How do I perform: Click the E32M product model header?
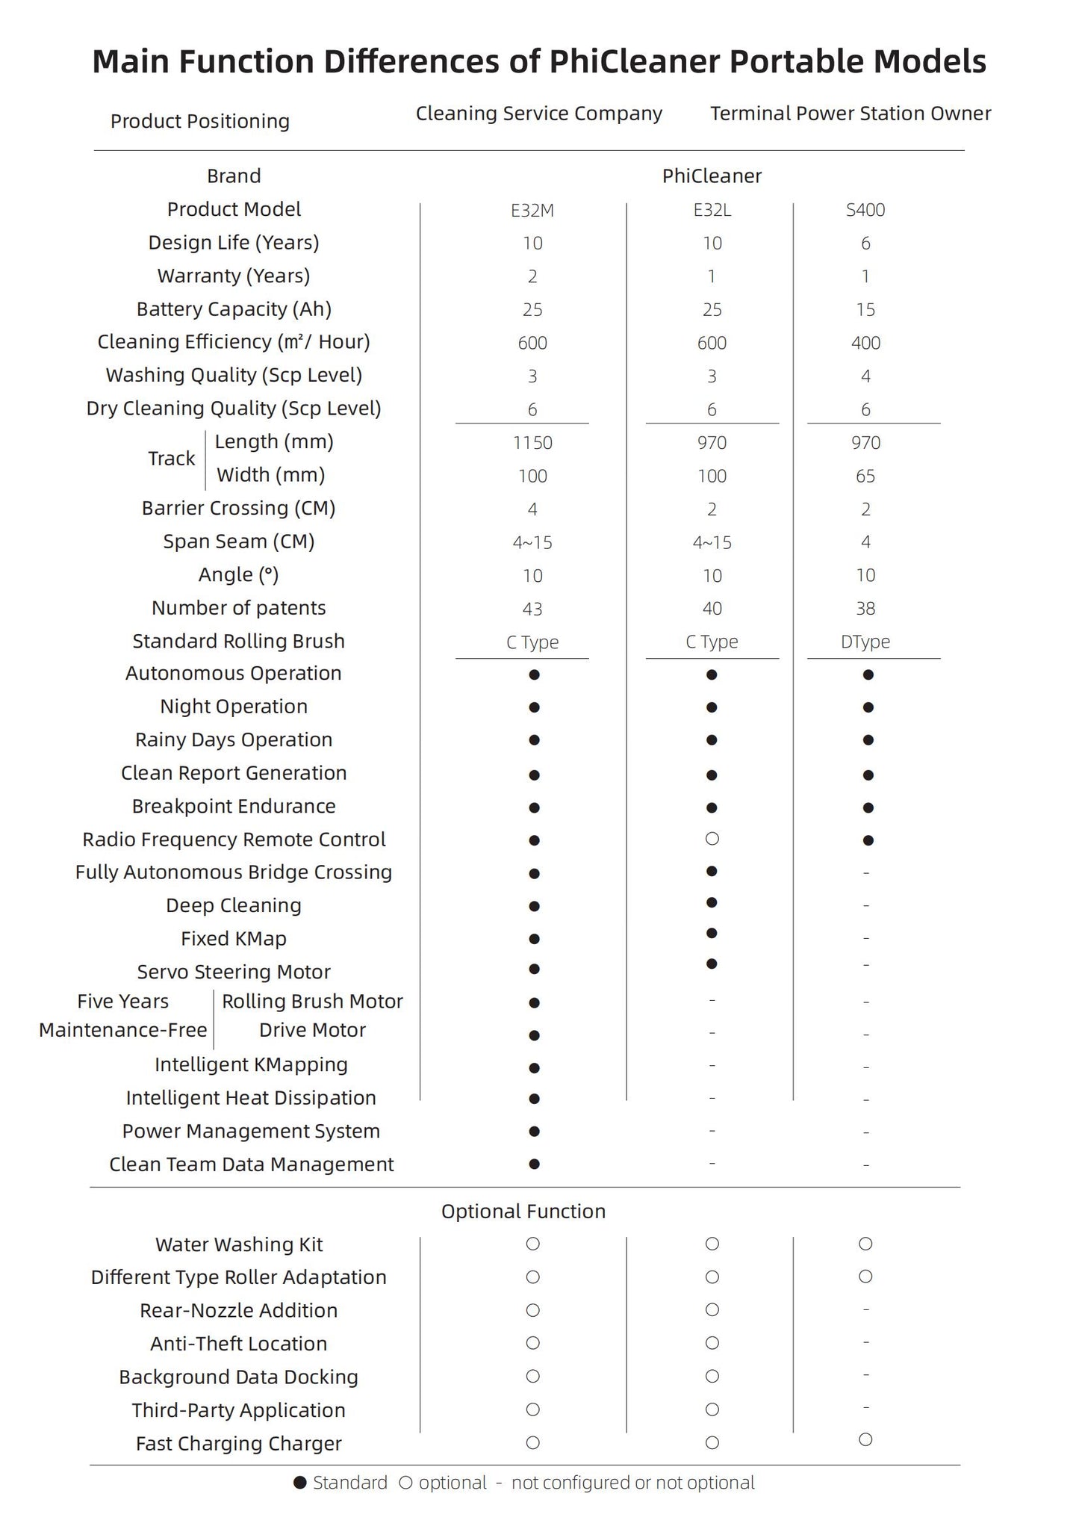[532, 211]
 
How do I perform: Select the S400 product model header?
[865, 211]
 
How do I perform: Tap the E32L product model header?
[712, 211]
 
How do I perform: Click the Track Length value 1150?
[532, 443]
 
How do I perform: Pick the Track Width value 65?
[865, 477]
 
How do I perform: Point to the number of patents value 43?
[532, 610]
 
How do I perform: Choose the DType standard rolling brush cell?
[865, 642]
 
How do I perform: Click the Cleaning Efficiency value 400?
[865, 344]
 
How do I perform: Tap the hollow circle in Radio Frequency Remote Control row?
[712, 839]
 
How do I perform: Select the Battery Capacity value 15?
[865, 310]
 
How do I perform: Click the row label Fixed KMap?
[234, 939]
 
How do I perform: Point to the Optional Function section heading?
[523, 1212]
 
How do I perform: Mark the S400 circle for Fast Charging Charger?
[865, 1439]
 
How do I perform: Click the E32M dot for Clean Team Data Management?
[534, 1164]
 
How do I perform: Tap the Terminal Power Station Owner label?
[851, 114]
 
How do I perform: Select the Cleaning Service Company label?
[539, 114]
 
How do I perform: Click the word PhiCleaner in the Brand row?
[712, 176]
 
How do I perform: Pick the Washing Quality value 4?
[865, 376]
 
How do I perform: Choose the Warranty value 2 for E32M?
[532, 277]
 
